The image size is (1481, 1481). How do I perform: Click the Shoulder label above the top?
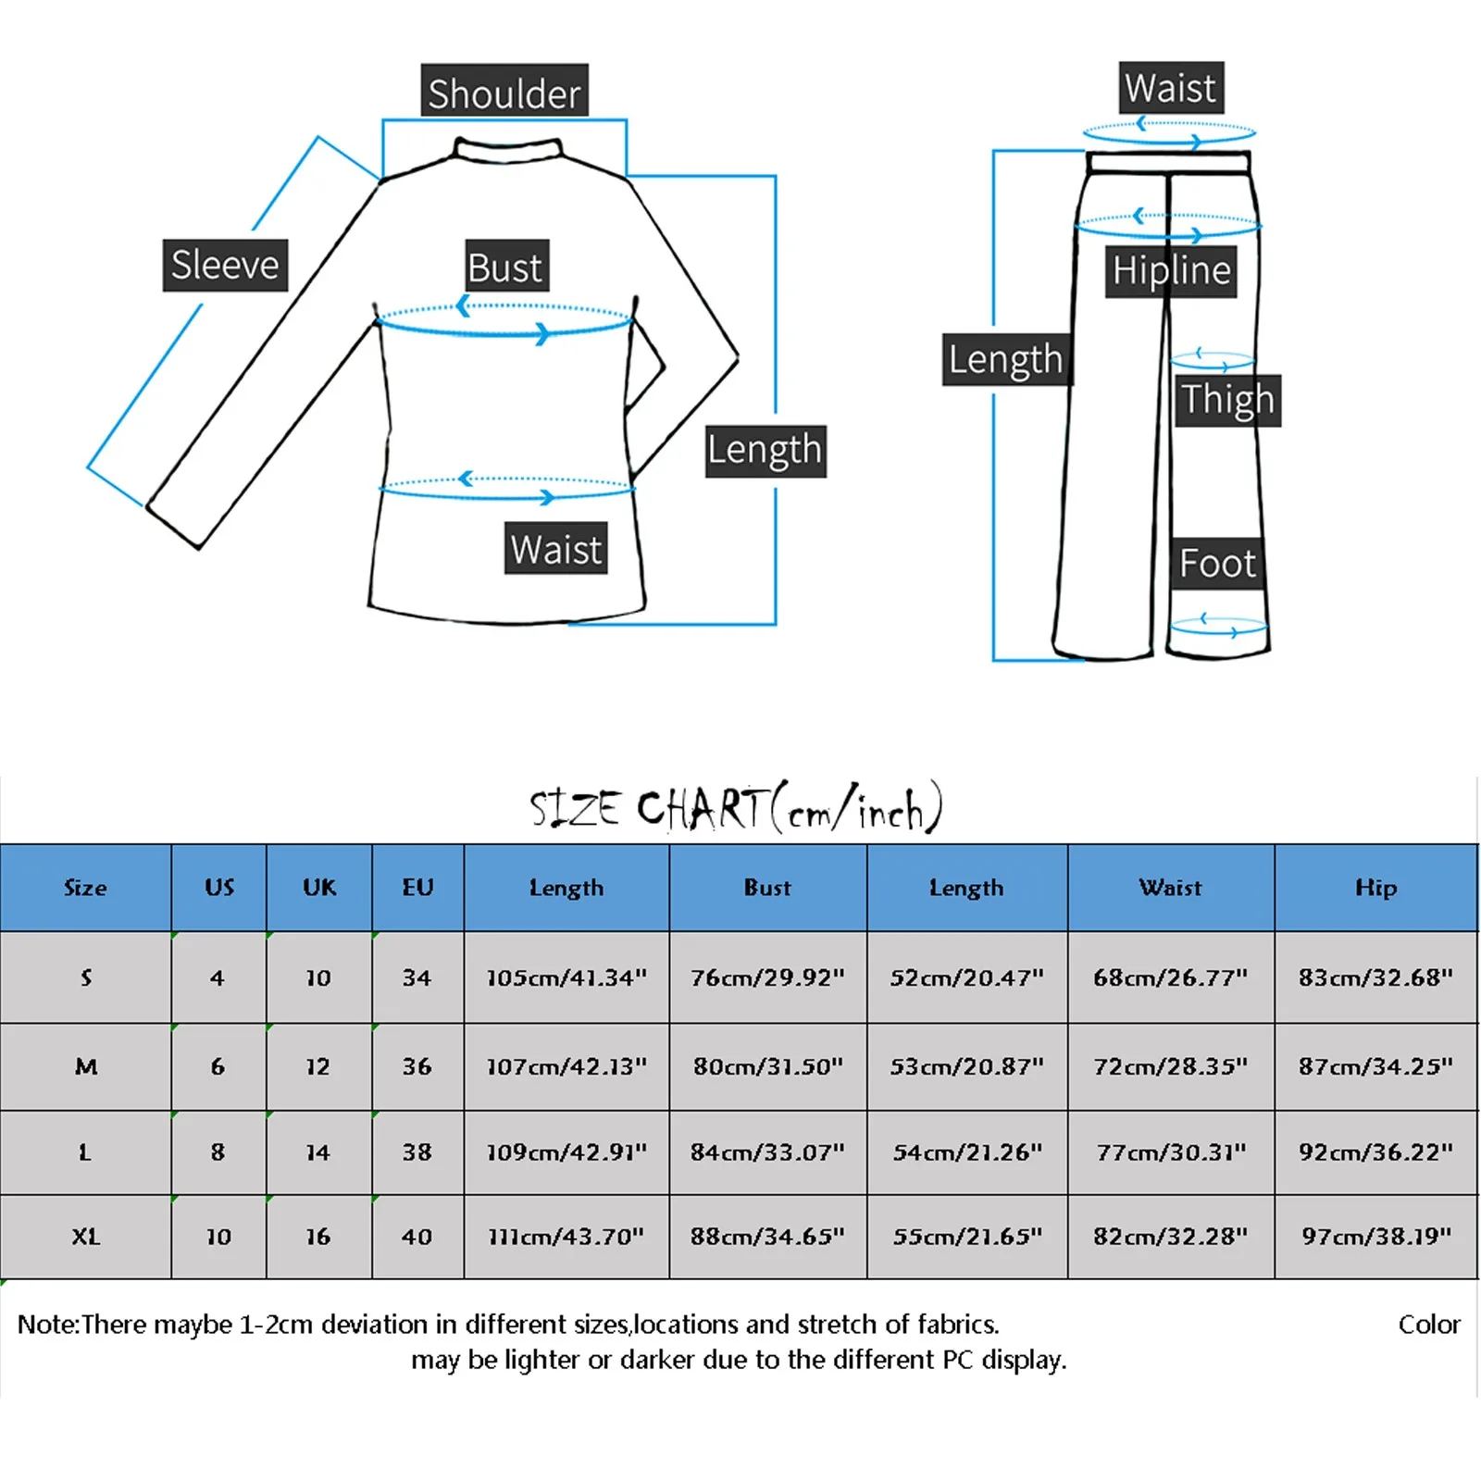coord(504,92)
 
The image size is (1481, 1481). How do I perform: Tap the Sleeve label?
coord(225,266)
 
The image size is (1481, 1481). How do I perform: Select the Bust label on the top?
coord(505,268)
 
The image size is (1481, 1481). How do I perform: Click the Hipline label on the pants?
coord(1171,270)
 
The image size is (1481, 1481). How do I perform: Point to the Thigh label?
coord(1227,400)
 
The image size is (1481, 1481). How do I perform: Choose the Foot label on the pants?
coord(1216,563)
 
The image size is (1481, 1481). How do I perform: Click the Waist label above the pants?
coord(1170,88)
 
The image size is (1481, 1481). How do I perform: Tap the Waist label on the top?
coord(555,549)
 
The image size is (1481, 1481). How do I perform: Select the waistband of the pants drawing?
coord(1170,163)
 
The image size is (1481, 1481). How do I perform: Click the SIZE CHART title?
coord(737,808)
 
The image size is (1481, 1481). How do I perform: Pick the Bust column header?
coord(767,888)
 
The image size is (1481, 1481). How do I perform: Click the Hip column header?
coord(1375,888)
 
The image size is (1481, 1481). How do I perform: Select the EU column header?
coord(417,888)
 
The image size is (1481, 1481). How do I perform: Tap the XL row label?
coord(85,1237)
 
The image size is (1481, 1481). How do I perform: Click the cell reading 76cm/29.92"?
coord(767,977)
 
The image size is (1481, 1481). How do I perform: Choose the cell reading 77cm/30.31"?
coord(1171,1152)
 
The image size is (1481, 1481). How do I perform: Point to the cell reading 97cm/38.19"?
coord(1375,1237)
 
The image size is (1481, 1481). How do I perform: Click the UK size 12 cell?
coord(318,1066)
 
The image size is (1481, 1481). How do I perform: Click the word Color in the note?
coord(1428,1325)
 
